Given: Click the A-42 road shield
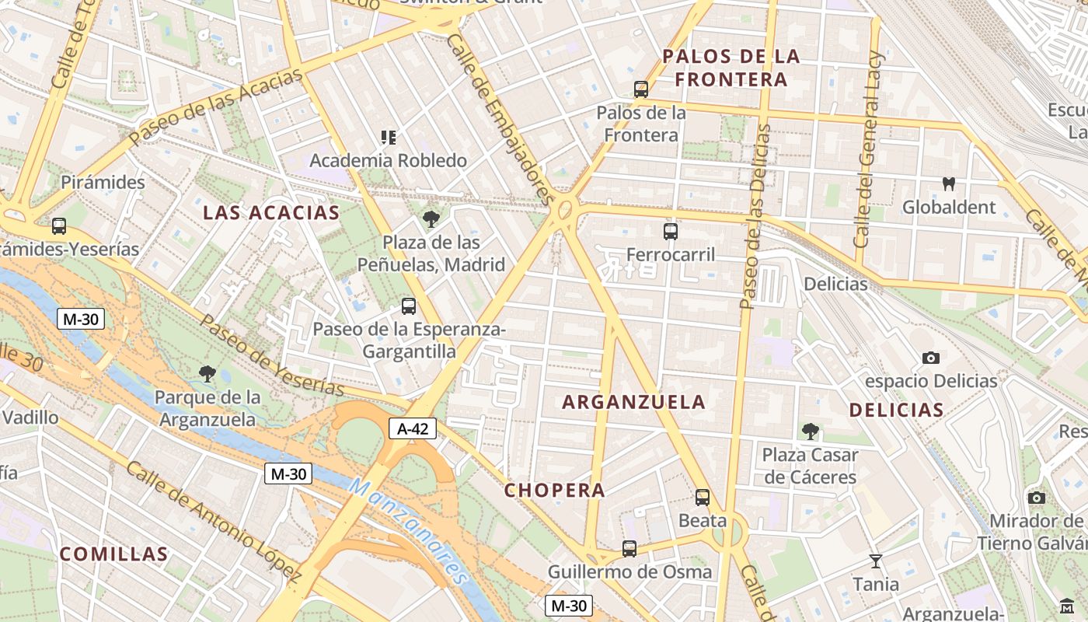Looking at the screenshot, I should click(x=412, y=428).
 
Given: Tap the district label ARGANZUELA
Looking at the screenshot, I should click(x=633, y=402).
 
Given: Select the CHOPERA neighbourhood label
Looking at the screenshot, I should click(x=554, y=491).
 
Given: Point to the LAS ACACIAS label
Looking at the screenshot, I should click(x=271, y=213).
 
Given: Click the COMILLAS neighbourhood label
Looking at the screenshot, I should click(x=113, y=554).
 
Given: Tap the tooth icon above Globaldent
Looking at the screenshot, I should click(x=948, y=184).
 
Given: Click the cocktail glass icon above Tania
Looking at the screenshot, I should click(x=876, y=561).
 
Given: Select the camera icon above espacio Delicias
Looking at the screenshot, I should click(x=931, y=358).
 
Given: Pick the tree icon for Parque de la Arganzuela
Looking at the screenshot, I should click(x=207, y=375).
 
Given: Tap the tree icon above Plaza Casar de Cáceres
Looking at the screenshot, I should click(x=810, y=432).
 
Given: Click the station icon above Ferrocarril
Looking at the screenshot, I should click(x=671, y=232).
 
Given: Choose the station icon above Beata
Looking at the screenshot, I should click(x=703, y=498).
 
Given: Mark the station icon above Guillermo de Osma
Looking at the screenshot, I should click(x=629, y=549).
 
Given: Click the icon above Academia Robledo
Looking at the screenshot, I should click(x=389, y=138).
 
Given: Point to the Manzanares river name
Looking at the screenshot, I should click(x=408, y=531).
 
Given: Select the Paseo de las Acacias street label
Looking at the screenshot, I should click(x=215, y=107).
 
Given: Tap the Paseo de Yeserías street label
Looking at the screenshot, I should click(x=272, y=355).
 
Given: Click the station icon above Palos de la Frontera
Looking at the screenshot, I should click(x=641, y=89).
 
